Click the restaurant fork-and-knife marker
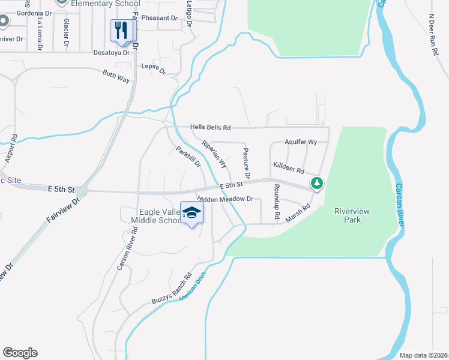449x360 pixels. pos(121,31)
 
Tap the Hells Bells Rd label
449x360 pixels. pos(210,127)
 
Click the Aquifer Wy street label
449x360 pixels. pos(301,142)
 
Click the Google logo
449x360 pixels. pos(20,353)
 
